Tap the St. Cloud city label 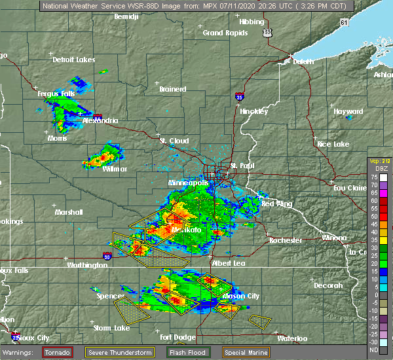[x=175, y=141]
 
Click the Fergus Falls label [x=56, y=94]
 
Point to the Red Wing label [x=276, y=204]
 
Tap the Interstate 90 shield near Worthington [x=107, y=255]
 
